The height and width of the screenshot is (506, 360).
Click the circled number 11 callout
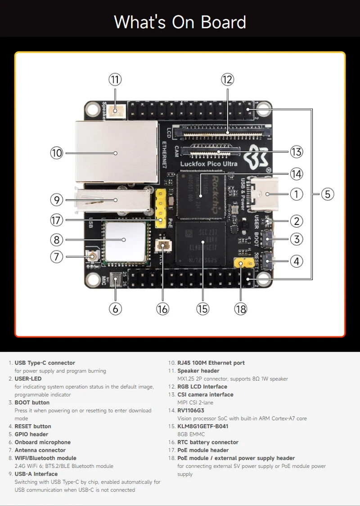click(115, 80)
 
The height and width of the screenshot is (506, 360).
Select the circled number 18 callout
click(241, 309)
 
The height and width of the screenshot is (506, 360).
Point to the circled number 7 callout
click(57, 257)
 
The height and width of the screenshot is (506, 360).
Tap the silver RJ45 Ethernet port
click(117, 153)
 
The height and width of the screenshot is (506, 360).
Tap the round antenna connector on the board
click(93, 257)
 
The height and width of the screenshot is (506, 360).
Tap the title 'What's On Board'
click(180, 22)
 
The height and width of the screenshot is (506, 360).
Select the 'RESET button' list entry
click(33, 426)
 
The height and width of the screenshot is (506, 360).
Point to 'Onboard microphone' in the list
click(43, 442)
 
